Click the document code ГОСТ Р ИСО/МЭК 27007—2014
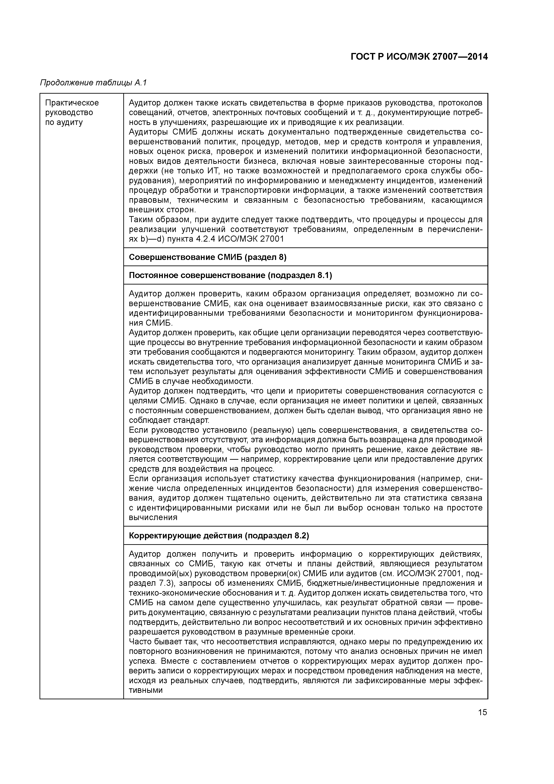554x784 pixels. pyautogui.click(x=419, y=57)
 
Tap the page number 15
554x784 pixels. pyautogui.click(x=482, y=712)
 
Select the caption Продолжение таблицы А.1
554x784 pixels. pyautogui.click(x=93, y=83)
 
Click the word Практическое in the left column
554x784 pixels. pyautogui.click(x=72, y=103)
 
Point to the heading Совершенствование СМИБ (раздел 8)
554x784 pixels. pyautogui.click(x=208, y=257)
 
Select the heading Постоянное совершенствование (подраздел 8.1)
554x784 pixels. pyautogui.click(x=230, y=275)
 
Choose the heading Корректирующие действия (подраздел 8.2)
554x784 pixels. pyautogui.click(x=219, y=536)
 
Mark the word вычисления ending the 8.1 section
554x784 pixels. pyautogui.click(x=153, y=517)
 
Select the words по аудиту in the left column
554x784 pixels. pyautogui.click(x=64, y=122)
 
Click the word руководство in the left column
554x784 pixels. pyautogui.click(x=69, y=113)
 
